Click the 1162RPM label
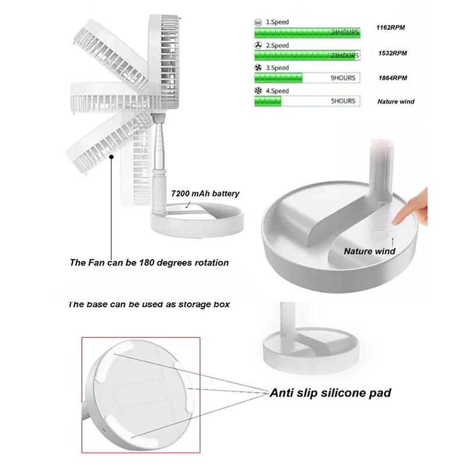391,29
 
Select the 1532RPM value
391,53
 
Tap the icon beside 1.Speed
258,22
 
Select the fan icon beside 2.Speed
258,45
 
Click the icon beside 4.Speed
258,91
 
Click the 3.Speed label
277,68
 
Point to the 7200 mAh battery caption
205,193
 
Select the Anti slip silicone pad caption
330,393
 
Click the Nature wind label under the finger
369,251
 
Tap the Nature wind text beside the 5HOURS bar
396,101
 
